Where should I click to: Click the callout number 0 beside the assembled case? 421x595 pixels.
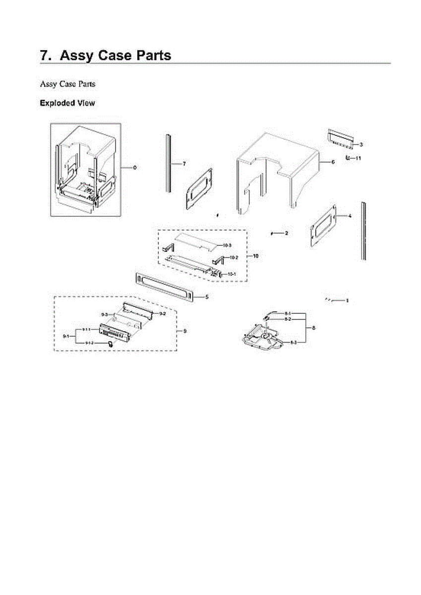(x=135, y=168)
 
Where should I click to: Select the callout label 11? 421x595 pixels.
(x=358, y=158)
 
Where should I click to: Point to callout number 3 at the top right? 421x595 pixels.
(x=361, y=144)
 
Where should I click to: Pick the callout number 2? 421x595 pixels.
(x=286, y=233)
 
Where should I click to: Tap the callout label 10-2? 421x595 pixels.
(x=234, y=257)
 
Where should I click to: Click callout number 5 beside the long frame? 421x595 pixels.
(x=207, y=297)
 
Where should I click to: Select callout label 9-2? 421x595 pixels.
(x=162, y=314)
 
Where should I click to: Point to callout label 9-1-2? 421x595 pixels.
(x=89, y=343)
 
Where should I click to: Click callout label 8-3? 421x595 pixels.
(x=294, y=343)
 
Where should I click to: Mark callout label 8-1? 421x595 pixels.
(x=288, y=313)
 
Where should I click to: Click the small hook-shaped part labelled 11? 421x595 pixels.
(x=348, y=158)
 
